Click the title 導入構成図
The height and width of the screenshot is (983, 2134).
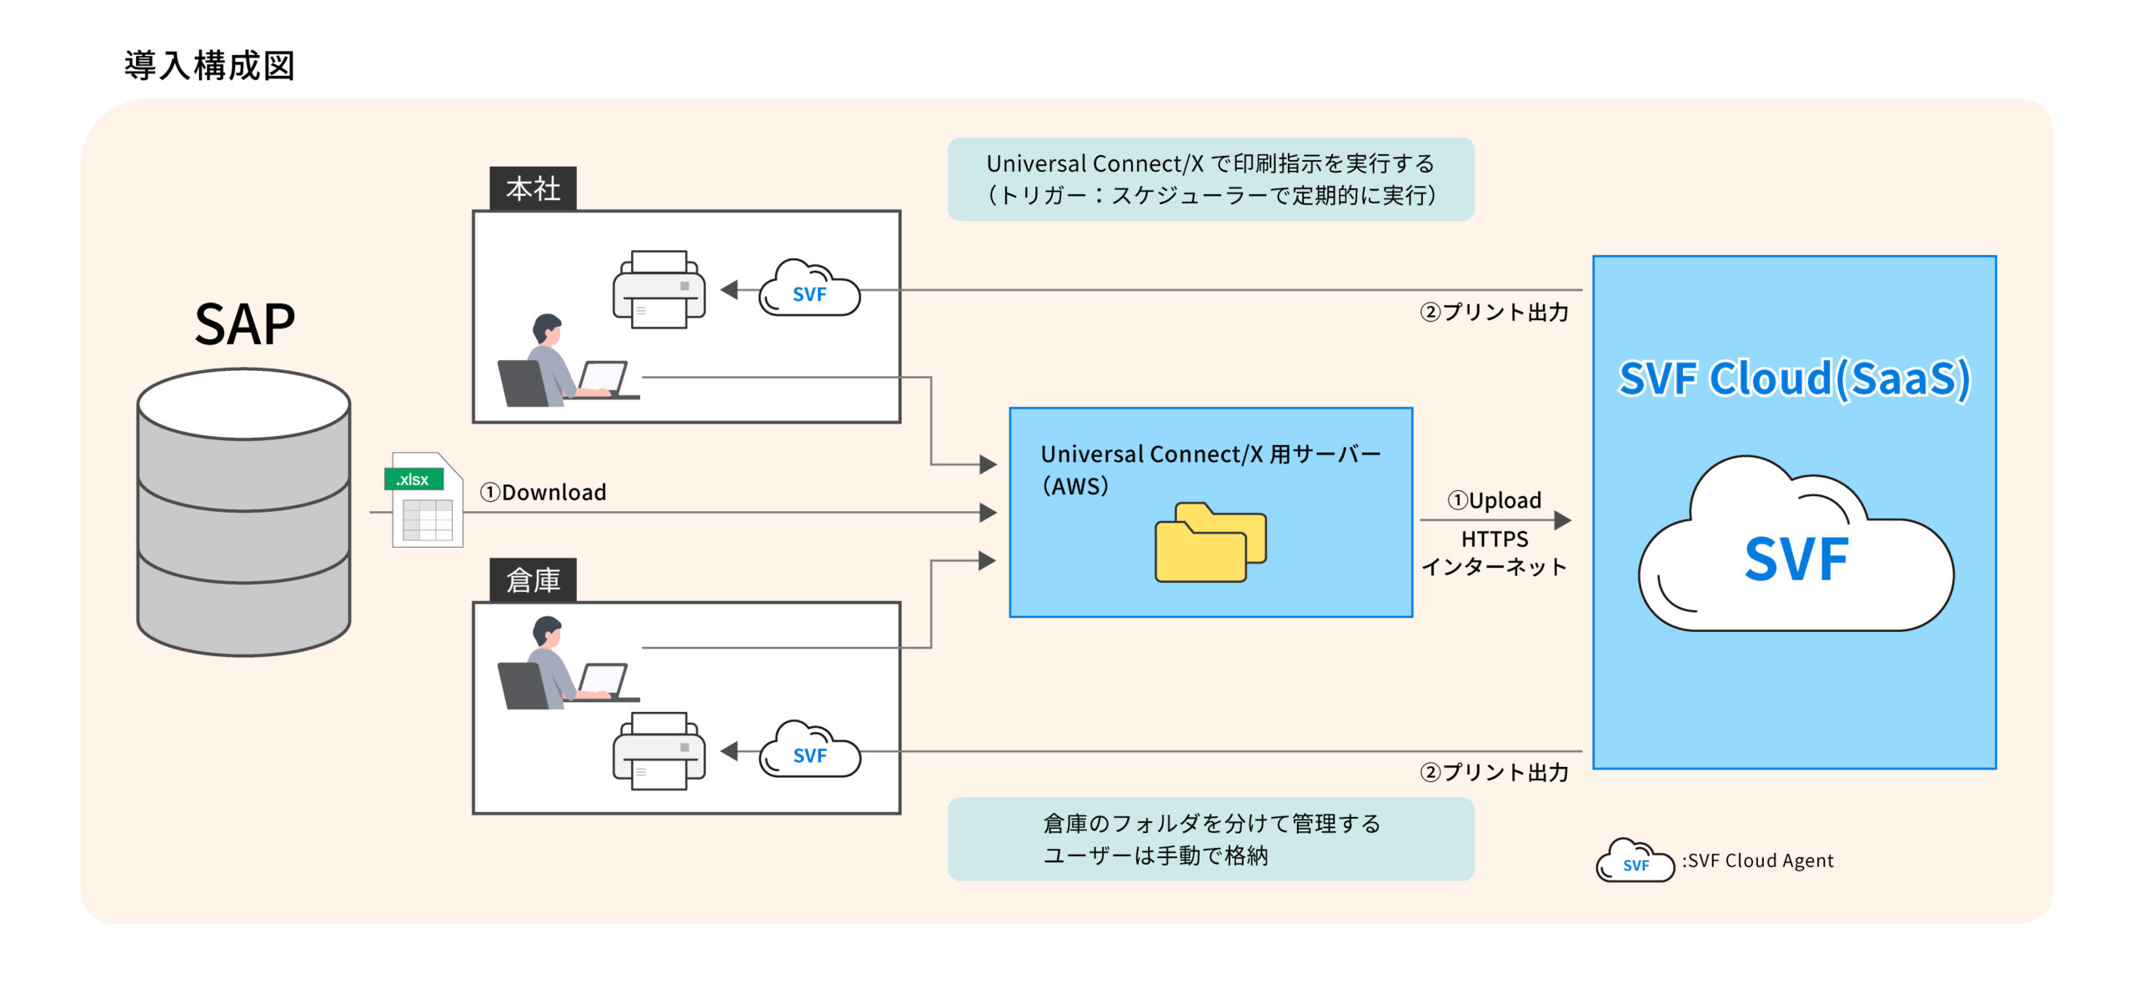coord(209,65)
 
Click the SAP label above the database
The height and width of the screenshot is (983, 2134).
coord(244,324)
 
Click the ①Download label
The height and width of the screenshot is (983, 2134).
coord(543,492)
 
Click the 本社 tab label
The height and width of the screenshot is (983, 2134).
coord(533,188)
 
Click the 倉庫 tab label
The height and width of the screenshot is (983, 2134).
coord(533,579)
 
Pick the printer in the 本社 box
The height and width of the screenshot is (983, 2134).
coord(659,289)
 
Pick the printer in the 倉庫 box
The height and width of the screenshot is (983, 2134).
coord(659,750)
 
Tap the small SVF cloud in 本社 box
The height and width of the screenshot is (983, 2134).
coord(808,289)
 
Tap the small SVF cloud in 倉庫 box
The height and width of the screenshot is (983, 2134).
coord(808,750)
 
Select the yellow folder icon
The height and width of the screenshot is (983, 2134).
coord(1210,542)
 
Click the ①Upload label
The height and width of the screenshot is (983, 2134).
coord(1494,499)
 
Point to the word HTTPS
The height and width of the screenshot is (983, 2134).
coord(1494,539)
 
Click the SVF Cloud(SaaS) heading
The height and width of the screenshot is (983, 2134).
coord(1794,379)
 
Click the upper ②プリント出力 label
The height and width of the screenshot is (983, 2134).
coord(1494,312)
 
